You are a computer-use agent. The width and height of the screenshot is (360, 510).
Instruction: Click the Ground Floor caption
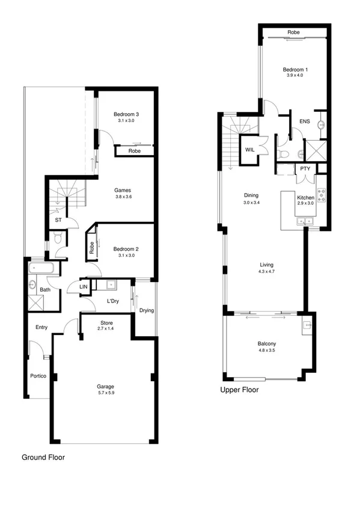[43, 458]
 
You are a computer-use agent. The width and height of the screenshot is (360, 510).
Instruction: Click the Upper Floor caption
[240, 390]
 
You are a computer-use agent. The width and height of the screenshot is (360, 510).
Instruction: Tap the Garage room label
[106, 387]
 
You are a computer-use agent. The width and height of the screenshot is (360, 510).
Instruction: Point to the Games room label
[123, 191]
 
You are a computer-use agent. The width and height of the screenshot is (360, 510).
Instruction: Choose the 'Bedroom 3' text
[126, 114]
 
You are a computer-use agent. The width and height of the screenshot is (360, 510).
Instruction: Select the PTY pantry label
[305, 169]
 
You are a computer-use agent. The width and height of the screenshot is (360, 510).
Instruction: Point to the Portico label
[39, 376]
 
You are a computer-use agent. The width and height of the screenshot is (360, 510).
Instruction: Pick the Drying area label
[146, 311]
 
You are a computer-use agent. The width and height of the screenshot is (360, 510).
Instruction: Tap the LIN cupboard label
[84, 287]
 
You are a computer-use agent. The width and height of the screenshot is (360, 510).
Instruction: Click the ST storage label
[58, 220]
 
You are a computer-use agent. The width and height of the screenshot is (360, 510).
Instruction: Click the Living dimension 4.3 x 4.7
[266, 272]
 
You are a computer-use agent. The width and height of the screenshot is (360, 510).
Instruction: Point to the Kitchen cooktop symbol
[321, 193]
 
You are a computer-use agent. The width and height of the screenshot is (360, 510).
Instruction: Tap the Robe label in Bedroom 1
[293, 32]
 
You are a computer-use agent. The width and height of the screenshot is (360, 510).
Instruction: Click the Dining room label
[251, 195]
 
